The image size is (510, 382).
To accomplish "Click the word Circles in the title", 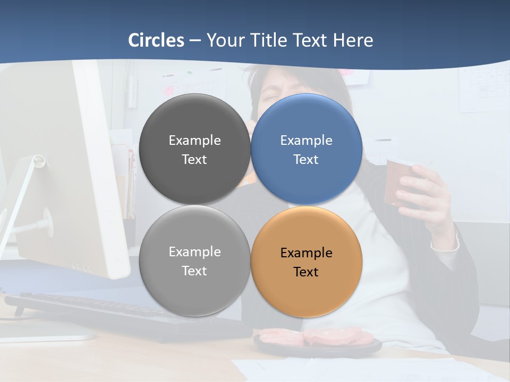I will coord(156,40).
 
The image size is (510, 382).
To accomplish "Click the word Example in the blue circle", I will coord(307,141).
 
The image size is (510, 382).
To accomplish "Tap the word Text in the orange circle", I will coord(306,272).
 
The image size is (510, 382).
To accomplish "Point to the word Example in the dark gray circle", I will coord(194,141).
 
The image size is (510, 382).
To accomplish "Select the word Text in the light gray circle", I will coord(194,271).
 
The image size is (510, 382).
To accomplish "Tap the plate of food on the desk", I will coord(317,340).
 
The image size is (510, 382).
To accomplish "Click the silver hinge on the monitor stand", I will coord(39,161).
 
